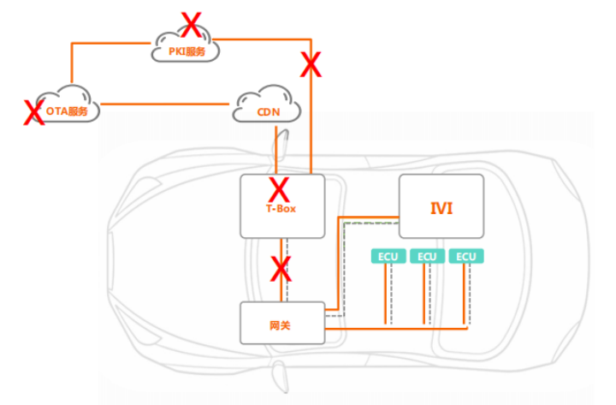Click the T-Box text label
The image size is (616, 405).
click(281, 207)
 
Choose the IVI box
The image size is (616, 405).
click(441, 206)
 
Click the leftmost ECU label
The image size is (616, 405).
click(386, 257)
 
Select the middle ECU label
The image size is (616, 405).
click(427, 257)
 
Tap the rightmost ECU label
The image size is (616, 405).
click(467, 257)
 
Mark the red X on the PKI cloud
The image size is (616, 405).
click(192, 25)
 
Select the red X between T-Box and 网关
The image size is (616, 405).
click(281, 270)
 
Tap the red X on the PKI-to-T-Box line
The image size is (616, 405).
click(311, 63)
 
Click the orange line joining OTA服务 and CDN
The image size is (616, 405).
click(163, 105)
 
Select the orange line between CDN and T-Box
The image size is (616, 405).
click(276, 150)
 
